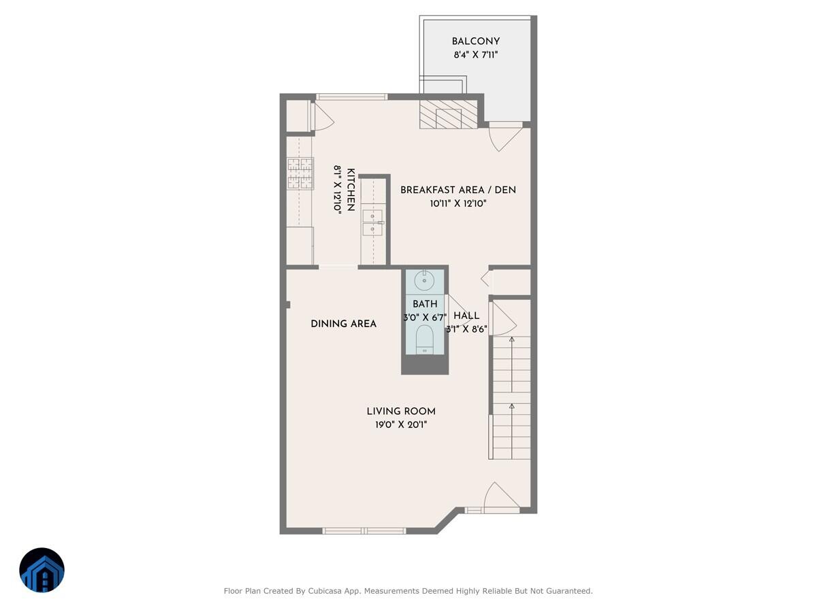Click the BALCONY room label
click(x=475, y=41)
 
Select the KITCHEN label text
click(x=351, y=190)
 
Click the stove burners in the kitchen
click(x=300, y=173)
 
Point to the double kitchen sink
click(x=372, y=222)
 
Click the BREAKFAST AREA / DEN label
click(x=458, y=190)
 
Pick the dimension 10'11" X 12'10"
click(x=458, y=203)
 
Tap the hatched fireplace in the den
click(x=448, y=115)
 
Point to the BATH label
click(x=425, y=304)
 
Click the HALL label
click(x=466, y=316)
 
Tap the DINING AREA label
click(x=343, y=324)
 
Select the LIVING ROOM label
click(x=401, y=411)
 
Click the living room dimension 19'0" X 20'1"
click(x=401, y=424)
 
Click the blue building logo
click(x=42, y=570)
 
